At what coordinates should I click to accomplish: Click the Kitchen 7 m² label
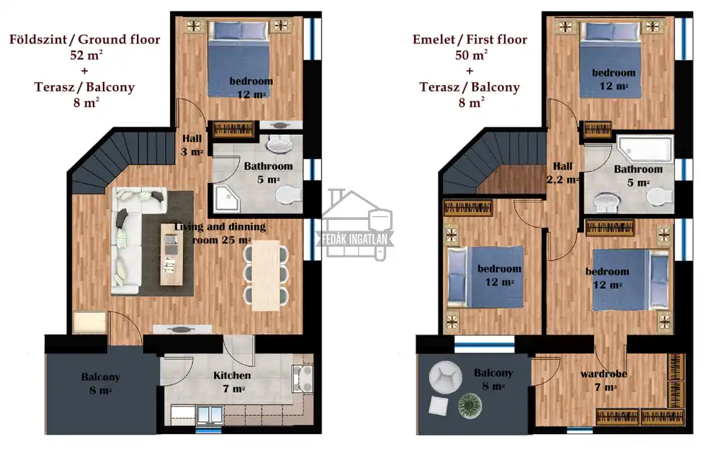pos(232,382)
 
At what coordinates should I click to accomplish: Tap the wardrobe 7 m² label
pos(603,380)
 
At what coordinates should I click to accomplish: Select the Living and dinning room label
pos(220,233)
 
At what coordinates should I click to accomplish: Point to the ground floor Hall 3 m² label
pos(192,145)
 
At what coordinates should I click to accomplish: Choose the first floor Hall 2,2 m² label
pos(562,173)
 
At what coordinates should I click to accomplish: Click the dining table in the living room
pos(266,275)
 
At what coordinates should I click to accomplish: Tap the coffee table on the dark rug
pos(172,255)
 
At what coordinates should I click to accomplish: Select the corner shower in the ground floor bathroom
pos(227,198)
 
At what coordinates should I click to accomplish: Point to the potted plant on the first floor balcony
pos(470,405)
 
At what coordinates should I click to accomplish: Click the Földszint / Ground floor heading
pos(84,39)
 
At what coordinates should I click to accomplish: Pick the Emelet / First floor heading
pos(470,39)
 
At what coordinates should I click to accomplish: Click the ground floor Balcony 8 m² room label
pos(101,384)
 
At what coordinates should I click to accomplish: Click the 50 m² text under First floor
pos(471,55)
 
